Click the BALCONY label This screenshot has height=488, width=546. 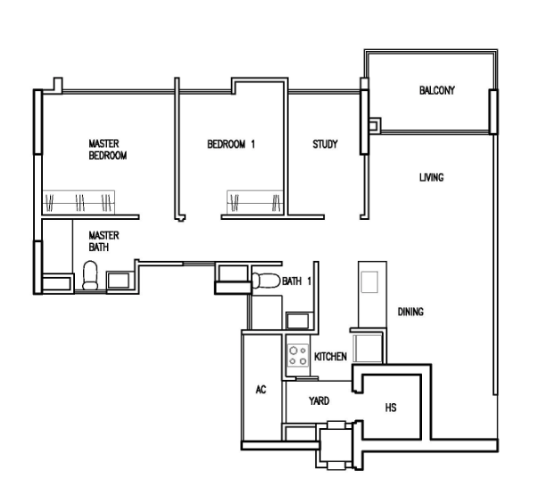click(437, 90)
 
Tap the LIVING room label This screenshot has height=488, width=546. click(432, 178)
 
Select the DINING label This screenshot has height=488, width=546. click(410, 312)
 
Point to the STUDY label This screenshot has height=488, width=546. click(325, 144)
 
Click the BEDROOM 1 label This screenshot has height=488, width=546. click(231, 144)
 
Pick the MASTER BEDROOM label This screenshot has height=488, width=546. click(108, 149)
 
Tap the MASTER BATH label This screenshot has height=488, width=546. click(103, 241)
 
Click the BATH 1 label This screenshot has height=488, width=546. click(296, 282)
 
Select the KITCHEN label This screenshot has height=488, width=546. click(330, 357)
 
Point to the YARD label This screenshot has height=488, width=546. click(319, 400)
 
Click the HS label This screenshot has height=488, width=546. click(391, 408)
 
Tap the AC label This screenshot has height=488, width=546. click(261, 390)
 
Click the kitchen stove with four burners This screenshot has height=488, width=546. click(298, 355)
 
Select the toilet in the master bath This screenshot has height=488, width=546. click(90, 275)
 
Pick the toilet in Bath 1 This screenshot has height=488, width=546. click(266, 281)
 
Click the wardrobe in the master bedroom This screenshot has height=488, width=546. click(79, 202)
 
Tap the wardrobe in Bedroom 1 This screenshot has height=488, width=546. click(255, 202)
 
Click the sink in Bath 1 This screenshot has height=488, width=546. click(297, 321)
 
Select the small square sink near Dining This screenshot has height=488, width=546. click(369, 282)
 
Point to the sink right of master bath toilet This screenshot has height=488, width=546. click(118, 281)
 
